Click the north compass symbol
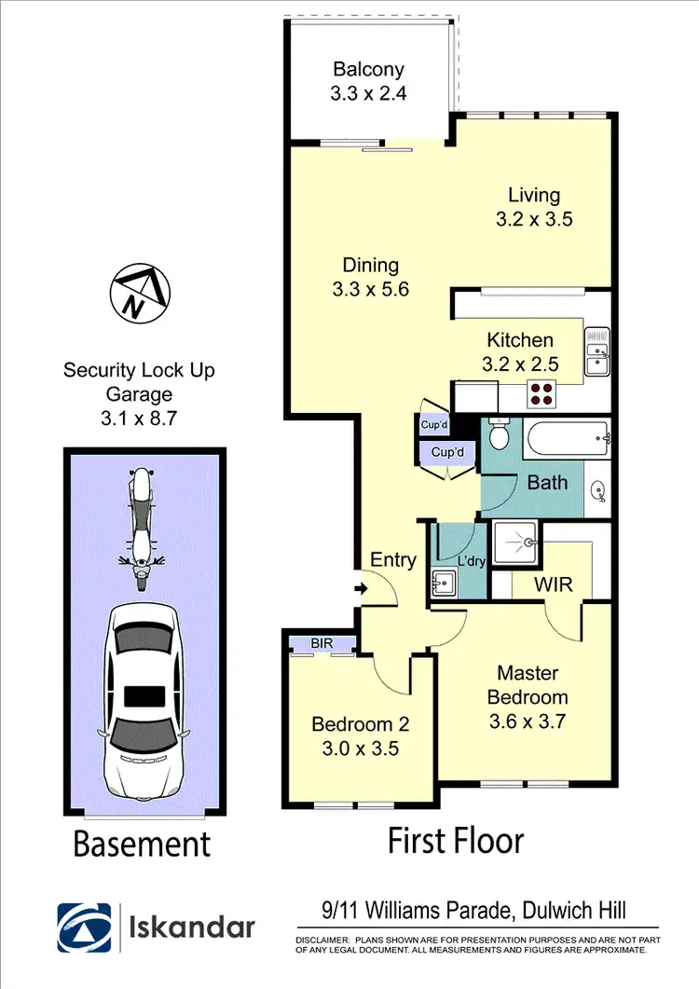[141, 292]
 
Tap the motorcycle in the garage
[140, 529]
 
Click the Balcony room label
[369, 70]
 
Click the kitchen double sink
[596, 352]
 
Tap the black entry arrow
[362, 587]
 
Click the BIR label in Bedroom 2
[322, 643]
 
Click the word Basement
[142, 845]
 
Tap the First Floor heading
[456, 840]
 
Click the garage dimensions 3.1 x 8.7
[138, 419]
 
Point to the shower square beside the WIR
[514, 543]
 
